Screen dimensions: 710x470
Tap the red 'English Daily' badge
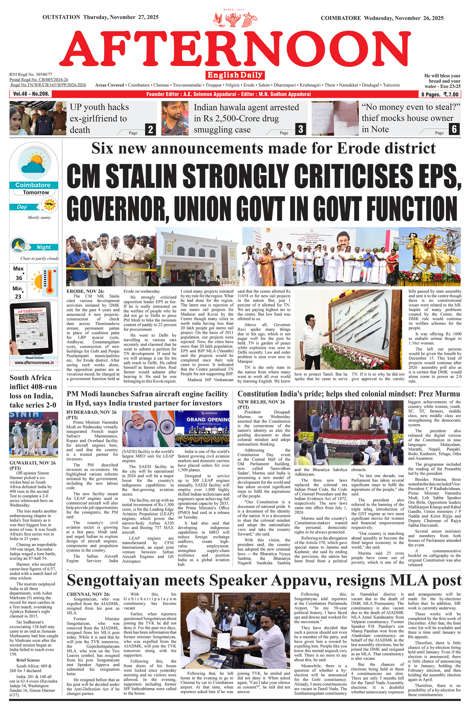[235, 75]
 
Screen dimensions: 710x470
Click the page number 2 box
[150, 129]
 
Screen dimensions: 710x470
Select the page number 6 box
[454, 129]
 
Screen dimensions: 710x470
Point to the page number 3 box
[301, 129]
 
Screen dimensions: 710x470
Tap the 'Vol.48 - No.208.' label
[31, 94]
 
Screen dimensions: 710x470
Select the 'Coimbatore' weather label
[33, 185]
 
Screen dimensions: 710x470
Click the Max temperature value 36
[19, 278]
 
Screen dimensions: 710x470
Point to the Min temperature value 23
[18, 296]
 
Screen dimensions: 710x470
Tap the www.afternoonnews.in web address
[34, 363]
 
